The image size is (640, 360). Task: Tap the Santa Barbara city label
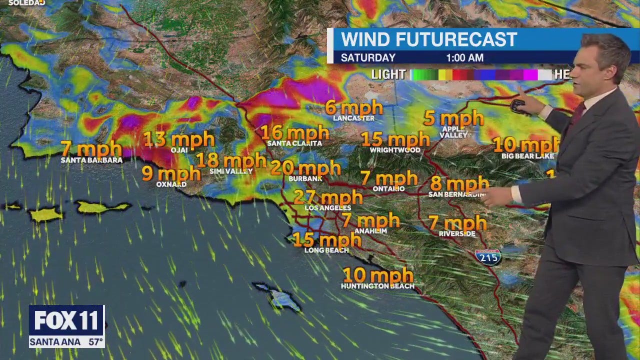[91, 160]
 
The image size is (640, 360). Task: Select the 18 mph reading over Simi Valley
[230, 160]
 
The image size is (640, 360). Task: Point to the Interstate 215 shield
[488, 256]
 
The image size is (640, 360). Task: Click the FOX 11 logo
[66, 320]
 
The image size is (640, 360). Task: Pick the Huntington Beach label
[377, 286]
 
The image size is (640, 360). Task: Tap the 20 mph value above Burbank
[305, 168]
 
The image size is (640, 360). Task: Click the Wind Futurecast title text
[429, 39]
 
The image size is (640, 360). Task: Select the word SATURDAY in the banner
[368, 58]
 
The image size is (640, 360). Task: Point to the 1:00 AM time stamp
[464, 58]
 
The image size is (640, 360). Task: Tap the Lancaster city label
[354, 118]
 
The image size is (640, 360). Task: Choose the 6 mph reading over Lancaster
[353, 107]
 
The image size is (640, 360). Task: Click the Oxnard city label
[171, 184]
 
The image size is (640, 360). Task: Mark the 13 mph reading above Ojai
[178, 139]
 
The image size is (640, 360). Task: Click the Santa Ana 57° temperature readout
[66, 342]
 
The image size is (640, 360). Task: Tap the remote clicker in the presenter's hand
[518, 105]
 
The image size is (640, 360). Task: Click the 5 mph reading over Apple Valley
[453, 119]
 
